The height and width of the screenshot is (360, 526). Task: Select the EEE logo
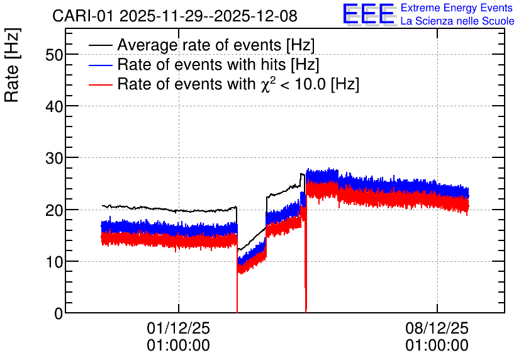[x=369, y=14]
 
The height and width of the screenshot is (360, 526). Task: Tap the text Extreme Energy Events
[x=457, y=8]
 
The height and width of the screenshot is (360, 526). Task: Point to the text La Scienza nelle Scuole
[x=457, y=21]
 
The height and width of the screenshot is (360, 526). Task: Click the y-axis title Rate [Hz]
[x=12, y=65]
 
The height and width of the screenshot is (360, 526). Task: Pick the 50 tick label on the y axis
[x=54, y=55]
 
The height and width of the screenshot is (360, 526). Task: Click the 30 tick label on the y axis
[x=54, y=159]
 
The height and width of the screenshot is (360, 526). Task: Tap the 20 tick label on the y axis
[x=54, y=210]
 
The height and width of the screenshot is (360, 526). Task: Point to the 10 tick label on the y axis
[x=54, y=262]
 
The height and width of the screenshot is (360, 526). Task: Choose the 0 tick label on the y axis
[x=59, y=314]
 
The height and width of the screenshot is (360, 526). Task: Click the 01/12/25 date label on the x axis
[x=178, y=328]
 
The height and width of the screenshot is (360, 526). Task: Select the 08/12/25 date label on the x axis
[x=437, y=328]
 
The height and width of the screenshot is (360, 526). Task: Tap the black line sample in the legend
[x=100, y=45]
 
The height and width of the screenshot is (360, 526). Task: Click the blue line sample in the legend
[x=100, y=65]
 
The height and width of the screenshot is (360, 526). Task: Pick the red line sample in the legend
[x=100, y=84]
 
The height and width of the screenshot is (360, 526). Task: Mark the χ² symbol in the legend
[x=266, y=84]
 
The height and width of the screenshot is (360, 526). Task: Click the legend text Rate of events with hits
[x=201, y=64]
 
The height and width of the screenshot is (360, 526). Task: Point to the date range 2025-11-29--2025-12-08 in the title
[x=208, y=16]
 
